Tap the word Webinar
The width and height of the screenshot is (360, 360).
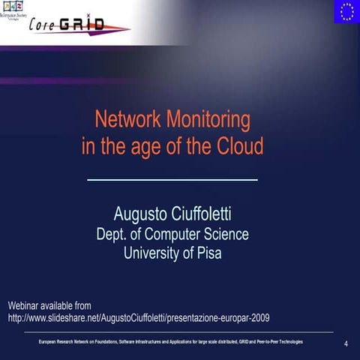(26, 305)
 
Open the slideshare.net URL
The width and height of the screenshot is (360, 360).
(138, 318)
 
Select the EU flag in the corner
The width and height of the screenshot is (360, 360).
(346, 12)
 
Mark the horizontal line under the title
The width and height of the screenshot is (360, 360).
(172, 180)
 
